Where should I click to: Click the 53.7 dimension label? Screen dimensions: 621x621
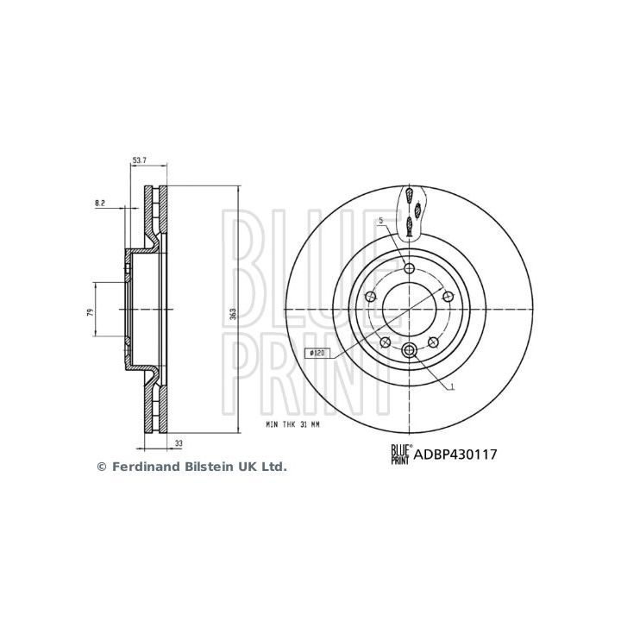140,160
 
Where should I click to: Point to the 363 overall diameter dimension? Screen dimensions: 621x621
232,316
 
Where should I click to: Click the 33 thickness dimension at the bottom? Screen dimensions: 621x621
179,442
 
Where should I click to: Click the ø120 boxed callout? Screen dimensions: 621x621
317,353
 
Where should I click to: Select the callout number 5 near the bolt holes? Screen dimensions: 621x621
379,223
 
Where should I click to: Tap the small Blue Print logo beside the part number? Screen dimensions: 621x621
401,451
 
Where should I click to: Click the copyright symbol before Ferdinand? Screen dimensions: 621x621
100,467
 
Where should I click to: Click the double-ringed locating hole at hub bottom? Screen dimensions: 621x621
409,348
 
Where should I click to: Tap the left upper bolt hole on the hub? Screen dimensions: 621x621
370,297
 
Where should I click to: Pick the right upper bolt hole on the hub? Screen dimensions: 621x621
448,297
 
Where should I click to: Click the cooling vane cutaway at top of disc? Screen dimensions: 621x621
411,211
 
